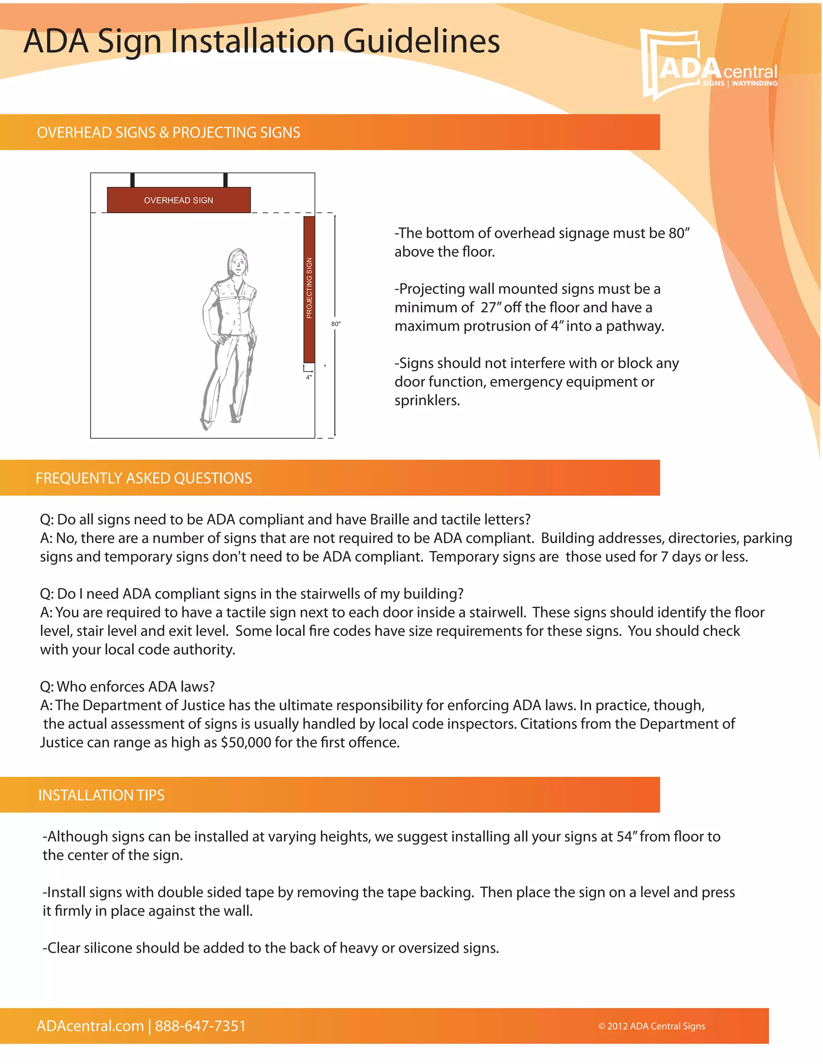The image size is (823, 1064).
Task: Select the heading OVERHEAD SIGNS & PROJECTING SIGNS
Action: click(x=168, y=132)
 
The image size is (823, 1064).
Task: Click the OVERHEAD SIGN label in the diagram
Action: click(x=178, y=200)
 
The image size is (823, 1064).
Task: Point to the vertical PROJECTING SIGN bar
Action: click(x=309, y=289)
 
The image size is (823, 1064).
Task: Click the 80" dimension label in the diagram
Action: click(x=336, y=324)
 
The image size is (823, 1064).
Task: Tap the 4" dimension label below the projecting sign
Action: click(x=309, y=377)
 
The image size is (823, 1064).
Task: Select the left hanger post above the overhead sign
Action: click(x=133, y=180)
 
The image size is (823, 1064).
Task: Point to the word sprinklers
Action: click(x=427, y=400)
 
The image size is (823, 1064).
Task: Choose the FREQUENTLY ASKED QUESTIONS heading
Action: click(x=144, y=478)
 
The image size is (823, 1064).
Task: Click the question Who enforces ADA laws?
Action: click(x=128, y=687)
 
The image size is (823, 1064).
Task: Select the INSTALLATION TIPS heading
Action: click(x=101, y=795)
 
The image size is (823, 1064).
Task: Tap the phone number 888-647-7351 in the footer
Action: click(x=201, y=1026)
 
